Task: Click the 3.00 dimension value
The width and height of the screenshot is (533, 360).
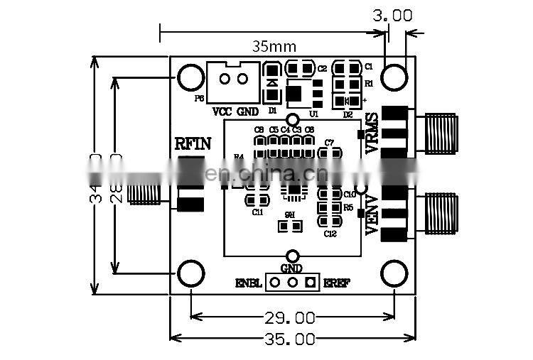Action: [392, 15]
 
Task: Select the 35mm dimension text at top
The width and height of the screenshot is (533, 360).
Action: [274, 46]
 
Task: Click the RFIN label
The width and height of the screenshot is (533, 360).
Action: [193, 144]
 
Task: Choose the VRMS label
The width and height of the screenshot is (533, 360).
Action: [371, 133]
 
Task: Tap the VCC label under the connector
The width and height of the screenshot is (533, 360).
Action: [222, 111]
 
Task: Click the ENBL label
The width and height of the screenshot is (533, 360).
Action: [249, 283]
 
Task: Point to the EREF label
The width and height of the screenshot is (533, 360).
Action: [337, 283]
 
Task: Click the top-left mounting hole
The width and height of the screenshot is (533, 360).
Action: [191, 77]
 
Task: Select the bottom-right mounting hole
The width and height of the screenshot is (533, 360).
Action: [394, 273]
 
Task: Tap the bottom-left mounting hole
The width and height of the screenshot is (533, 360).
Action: [191, 273]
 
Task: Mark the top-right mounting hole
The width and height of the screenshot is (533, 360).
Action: [394, 77]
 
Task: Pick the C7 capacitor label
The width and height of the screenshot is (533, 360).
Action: [329, 143]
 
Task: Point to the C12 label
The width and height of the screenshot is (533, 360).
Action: [330, 234]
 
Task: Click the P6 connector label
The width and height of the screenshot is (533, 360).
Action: [199, 99]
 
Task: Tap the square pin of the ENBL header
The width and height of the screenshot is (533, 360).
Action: [310, 283]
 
